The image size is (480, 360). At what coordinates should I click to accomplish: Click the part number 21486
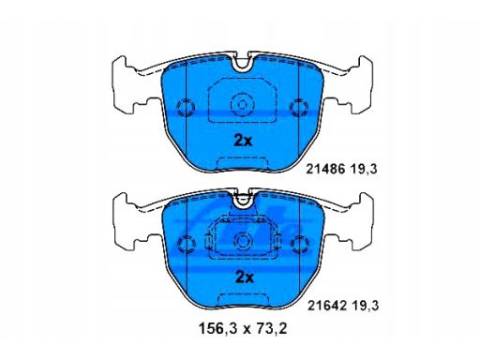click(x=325, y=169)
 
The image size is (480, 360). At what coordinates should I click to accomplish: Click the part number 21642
click(x=327, y=306)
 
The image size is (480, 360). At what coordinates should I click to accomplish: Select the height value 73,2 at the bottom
click(x=271, y=328)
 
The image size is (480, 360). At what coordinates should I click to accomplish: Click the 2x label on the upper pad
click(x=243, y=142)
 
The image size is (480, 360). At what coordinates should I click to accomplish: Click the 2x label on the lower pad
click(x=245, y=277)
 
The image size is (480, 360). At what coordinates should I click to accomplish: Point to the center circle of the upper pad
click(x=242, y=105)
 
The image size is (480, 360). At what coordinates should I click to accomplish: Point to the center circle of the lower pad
click(x=243, y=241)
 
